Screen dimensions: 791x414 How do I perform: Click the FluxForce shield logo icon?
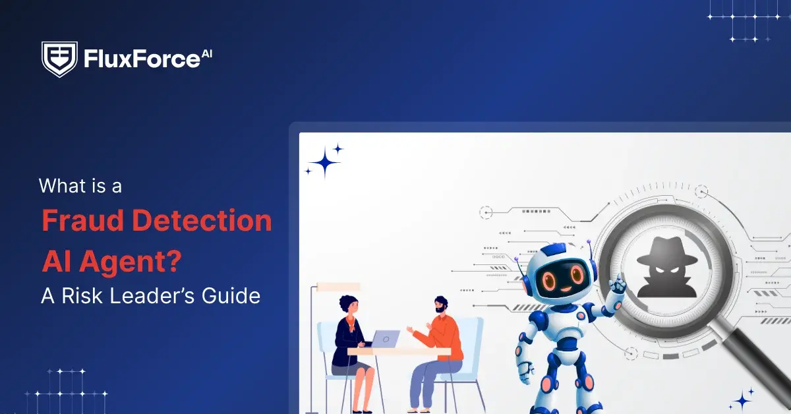pos(59,59)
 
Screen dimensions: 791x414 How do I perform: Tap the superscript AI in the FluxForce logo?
pos(206,53)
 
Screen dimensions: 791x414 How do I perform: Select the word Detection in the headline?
pos(202,220)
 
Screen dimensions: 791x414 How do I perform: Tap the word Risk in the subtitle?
pos(83,295)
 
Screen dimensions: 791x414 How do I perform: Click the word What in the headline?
pos(62,185)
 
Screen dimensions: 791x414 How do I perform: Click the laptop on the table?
pos(385,339)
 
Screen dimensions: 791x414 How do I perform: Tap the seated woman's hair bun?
pos(344,302)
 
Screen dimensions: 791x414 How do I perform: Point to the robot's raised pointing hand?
pos(616,285)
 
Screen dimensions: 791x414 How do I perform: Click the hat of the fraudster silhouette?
pos(666,252)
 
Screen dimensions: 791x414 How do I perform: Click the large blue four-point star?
pos(325,162)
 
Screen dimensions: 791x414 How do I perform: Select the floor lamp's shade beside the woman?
pos(338,287)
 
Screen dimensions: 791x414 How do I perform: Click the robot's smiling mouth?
pos(566,289)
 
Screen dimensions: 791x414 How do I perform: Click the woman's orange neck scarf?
pos(351,323)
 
